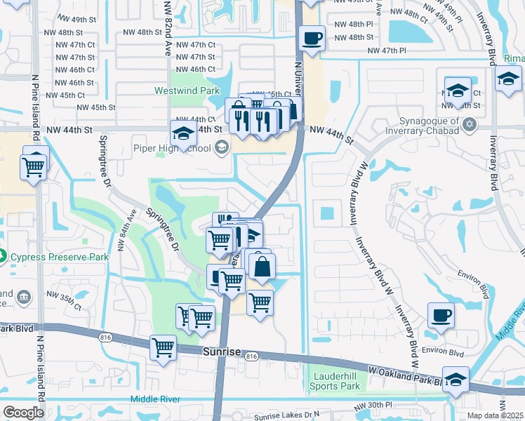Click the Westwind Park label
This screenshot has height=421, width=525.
point(187,91)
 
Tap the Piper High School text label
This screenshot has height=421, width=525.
point(172,148)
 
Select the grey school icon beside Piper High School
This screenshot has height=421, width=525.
point(222,147)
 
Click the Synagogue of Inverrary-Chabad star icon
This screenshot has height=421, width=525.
point(470,125)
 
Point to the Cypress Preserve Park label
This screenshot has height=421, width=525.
point(59,257)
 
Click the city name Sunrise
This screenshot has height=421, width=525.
point(222,352)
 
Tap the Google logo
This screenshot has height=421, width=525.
point(23,412)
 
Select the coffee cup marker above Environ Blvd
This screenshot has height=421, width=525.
point(441,315)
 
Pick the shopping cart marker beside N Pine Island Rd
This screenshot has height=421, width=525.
point(34,166)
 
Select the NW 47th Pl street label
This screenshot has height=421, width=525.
point(388,51)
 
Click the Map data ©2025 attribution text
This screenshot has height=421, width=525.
point(495,415)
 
